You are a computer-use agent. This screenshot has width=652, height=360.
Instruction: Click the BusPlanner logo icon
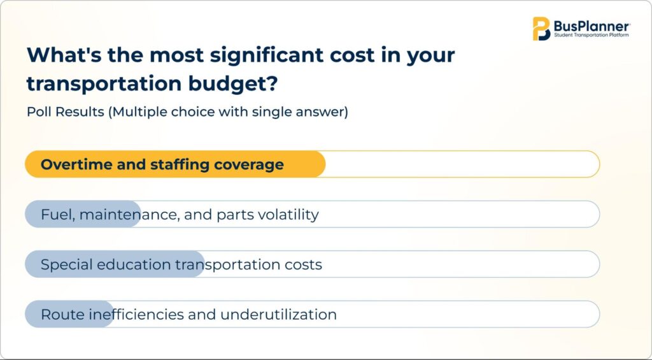coord(541,29)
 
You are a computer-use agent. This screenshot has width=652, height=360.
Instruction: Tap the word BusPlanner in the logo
coord(592,26)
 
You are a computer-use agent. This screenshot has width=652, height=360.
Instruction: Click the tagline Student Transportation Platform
coord(592,36)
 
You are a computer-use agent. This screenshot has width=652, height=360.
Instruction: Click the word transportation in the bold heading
coord(104,83)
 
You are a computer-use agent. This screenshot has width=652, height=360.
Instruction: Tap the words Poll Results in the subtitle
coord(66,112)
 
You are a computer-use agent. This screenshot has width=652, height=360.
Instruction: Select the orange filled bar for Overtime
coord(175,164)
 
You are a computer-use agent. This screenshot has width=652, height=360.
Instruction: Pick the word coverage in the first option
coord(249,165)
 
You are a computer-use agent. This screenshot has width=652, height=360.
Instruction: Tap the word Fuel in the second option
coord(57,215)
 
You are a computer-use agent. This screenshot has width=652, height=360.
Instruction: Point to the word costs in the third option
coord(303,265)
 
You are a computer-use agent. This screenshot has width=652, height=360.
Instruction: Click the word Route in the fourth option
coord(62,315)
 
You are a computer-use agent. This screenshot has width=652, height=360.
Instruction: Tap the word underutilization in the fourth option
coord(278,315)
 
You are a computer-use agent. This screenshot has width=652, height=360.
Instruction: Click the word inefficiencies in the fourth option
coord(136,314)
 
